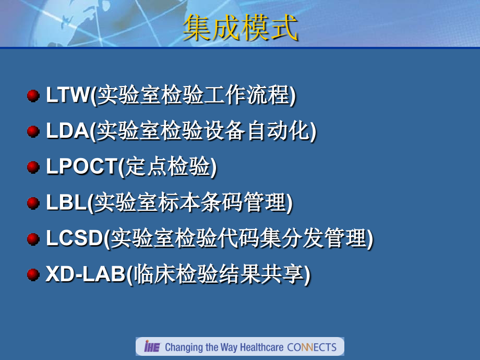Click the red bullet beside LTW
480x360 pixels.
pyautogui.click(x=33, y=95)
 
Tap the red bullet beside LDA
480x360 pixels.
pyautogui.click(x=33, y=131)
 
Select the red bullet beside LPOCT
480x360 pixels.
pyautogui.click(x=33, y=167)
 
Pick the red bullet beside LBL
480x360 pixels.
pyautogui.click(x=33, y=203)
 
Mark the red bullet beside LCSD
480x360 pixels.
pyautogui.click(x=33, y=239)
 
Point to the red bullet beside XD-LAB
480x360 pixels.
pyautogui.click(x=33, y=274)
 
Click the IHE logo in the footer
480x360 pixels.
pyautogui.click(x=152, y=347)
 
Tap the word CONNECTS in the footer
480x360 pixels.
pyautogui.click(x=313, y=347)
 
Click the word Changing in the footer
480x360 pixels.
pyautogui.click(x=183, y=347)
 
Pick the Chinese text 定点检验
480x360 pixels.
pyautogui.click(x=167, y=167)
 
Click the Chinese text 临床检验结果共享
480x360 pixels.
pyautogui.click(x=219, y=274)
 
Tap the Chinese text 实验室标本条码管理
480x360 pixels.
pyautogui.click(x=190, y=203)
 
